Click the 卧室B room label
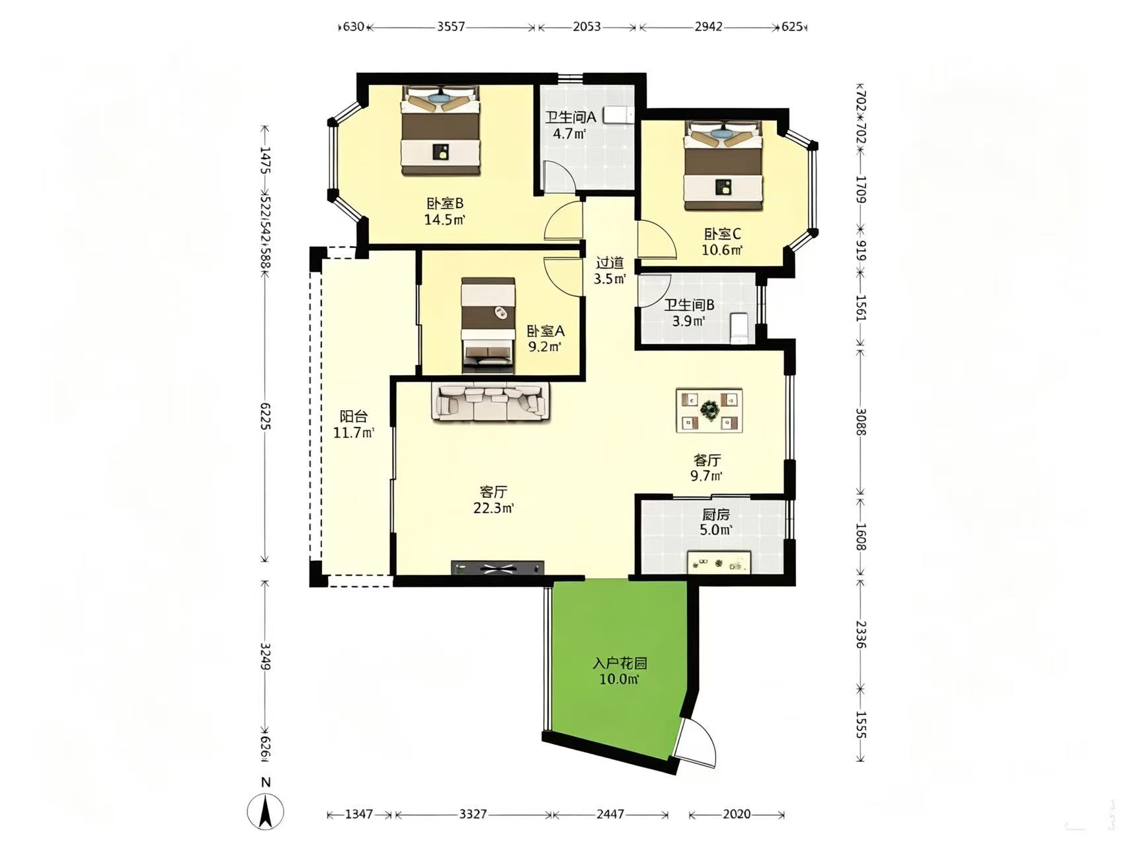445,204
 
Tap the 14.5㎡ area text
445,220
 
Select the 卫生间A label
571,118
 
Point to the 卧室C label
722,234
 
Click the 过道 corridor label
609,263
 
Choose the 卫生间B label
689,306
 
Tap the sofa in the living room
490,402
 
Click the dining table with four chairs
709,411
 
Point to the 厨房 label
715,515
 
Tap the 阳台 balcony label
354,417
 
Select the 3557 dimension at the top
451,27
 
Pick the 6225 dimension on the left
265,417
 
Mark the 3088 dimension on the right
861,422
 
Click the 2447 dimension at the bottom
610,814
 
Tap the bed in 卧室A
489,322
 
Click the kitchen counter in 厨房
719,562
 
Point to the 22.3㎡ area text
493,508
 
